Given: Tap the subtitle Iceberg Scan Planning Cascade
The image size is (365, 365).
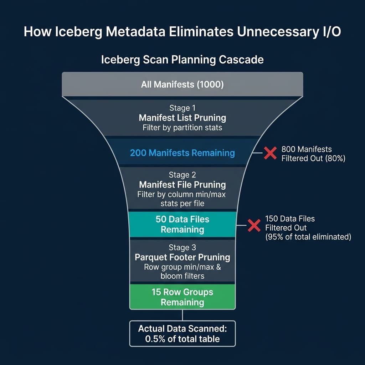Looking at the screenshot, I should point(182,59).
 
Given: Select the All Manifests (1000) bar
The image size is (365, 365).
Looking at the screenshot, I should point(182,84).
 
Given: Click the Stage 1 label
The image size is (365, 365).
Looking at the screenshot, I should point(182,108).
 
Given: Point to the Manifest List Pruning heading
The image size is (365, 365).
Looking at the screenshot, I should point(182,118).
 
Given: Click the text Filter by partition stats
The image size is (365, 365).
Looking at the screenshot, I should point(182,128).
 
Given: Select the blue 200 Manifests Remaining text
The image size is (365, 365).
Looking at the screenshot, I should point(182,153).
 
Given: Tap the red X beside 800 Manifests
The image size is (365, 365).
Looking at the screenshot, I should point(271,153).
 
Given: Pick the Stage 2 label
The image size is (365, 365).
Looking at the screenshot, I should point(182,175).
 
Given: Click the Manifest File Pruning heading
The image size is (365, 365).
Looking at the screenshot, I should point(182,185).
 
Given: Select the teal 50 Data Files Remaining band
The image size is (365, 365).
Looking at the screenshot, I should point(182,224).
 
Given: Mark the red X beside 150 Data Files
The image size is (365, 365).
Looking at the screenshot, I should point(254,225).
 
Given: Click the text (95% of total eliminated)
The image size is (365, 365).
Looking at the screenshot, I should point(308,237).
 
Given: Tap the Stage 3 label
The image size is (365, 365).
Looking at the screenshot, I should point(182,247).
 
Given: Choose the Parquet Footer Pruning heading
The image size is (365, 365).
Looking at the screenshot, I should point(182,257).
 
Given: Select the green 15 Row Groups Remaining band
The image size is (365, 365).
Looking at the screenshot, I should point(182,297).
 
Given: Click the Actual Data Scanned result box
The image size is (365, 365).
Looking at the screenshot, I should point(182,333).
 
